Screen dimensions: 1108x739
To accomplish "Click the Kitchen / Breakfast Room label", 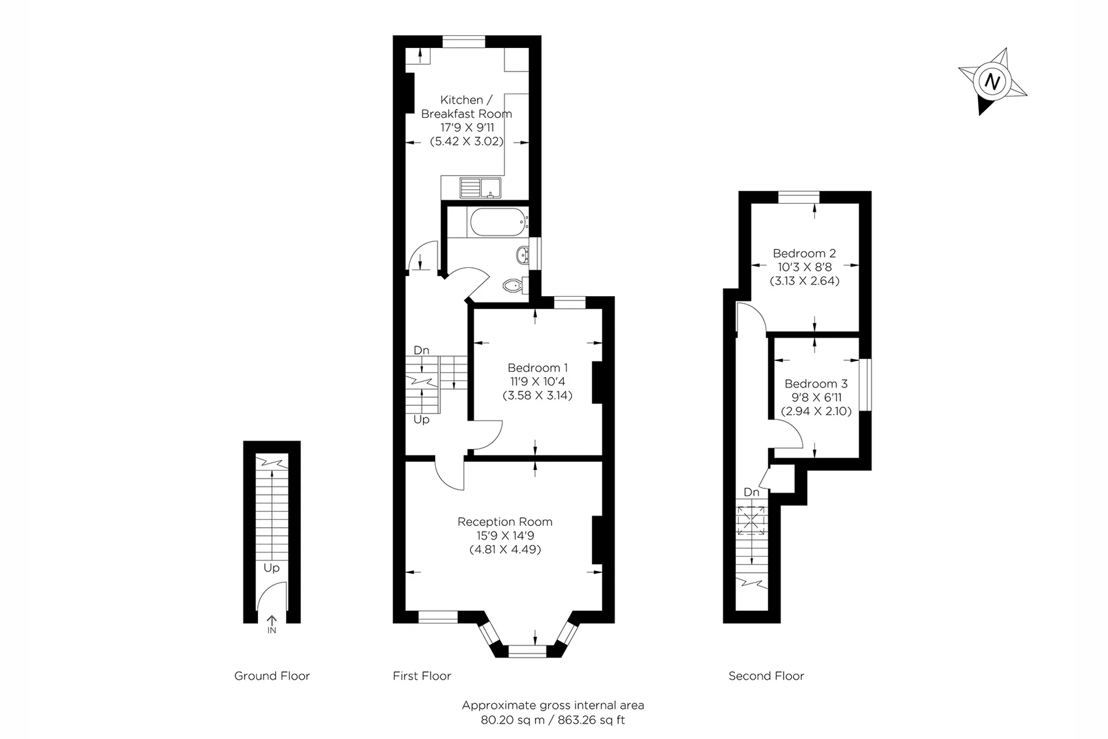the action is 467,107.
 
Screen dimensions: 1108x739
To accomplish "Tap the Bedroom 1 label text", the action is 537,368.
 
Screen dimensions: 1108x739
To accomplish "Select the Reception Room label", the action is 505,522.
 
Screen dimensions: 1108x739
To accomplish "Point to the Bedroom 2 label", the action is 804,253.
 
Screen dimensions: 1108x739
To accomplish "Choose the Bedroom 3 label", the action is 816,384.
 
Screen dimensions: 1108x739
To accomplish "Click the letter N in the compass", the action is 992,81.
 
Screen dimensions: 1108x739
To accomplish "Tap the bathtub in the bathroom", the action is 497,222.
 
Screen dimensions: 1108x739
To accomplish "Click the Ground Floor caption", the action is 272,676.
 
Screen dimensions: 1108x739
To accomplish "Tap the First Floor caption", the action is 422,676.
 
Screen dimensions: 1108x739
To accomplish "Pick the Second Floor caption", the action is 766,676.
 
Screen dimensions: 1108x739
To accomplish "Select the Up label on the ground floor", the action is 271,568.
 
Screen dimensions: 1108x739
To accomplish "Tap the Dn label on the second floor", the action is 752,493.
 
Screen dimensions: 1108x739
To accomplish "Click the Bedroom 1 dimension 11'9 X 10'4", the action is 537,382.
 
